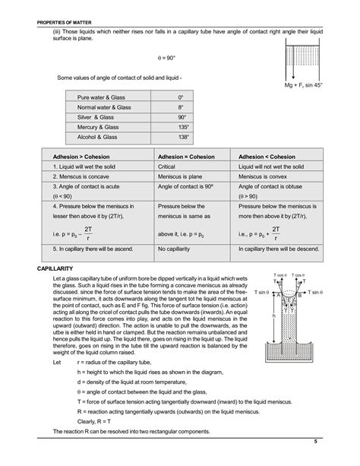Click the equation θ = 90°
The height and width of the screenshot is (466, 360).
click(x=167, y=58)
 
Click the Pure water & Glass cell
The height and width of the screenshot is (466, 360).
click(x=100, y=98)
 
